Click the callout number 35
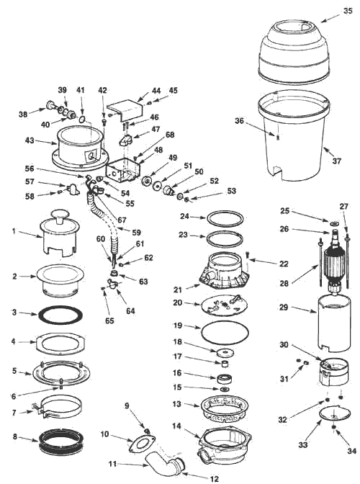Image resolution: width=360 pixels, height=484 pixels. coord(348,11)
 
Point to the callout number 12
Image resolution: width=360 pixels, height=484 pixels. coord(214,478)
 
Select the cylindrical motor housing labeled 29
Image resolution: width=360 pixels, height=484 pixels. coord(334,323)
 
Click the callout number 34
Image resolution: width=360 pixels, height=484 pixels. coord(351,451)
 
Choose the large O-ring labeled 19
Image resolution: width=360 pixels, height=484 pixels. coord(225,333)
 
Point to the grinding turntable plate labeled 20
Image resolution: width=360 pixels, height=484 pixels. coord(224,305)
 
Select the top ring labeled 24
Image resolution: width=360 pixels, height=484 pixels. coord(225,218)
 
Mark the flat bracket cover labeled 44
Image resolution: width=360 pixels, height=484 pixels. coord(125,110)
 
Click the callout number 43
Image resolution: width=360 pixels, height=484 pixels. coord(30,140)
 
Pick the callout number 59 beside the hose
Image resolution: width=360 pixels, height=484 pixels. coord(136,233)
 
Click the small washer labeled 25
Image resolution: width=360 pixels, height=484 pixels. coord(334,223)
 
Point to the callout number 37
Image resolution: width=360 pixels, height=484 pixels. coord(337,161)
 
